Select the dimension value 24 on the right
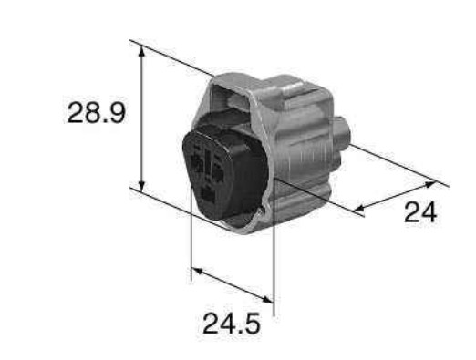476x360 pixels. point(420,212)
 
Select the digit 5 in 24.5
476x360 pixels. point(251,324)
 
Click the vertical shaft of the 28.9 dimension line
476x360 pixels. point(142,118)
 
